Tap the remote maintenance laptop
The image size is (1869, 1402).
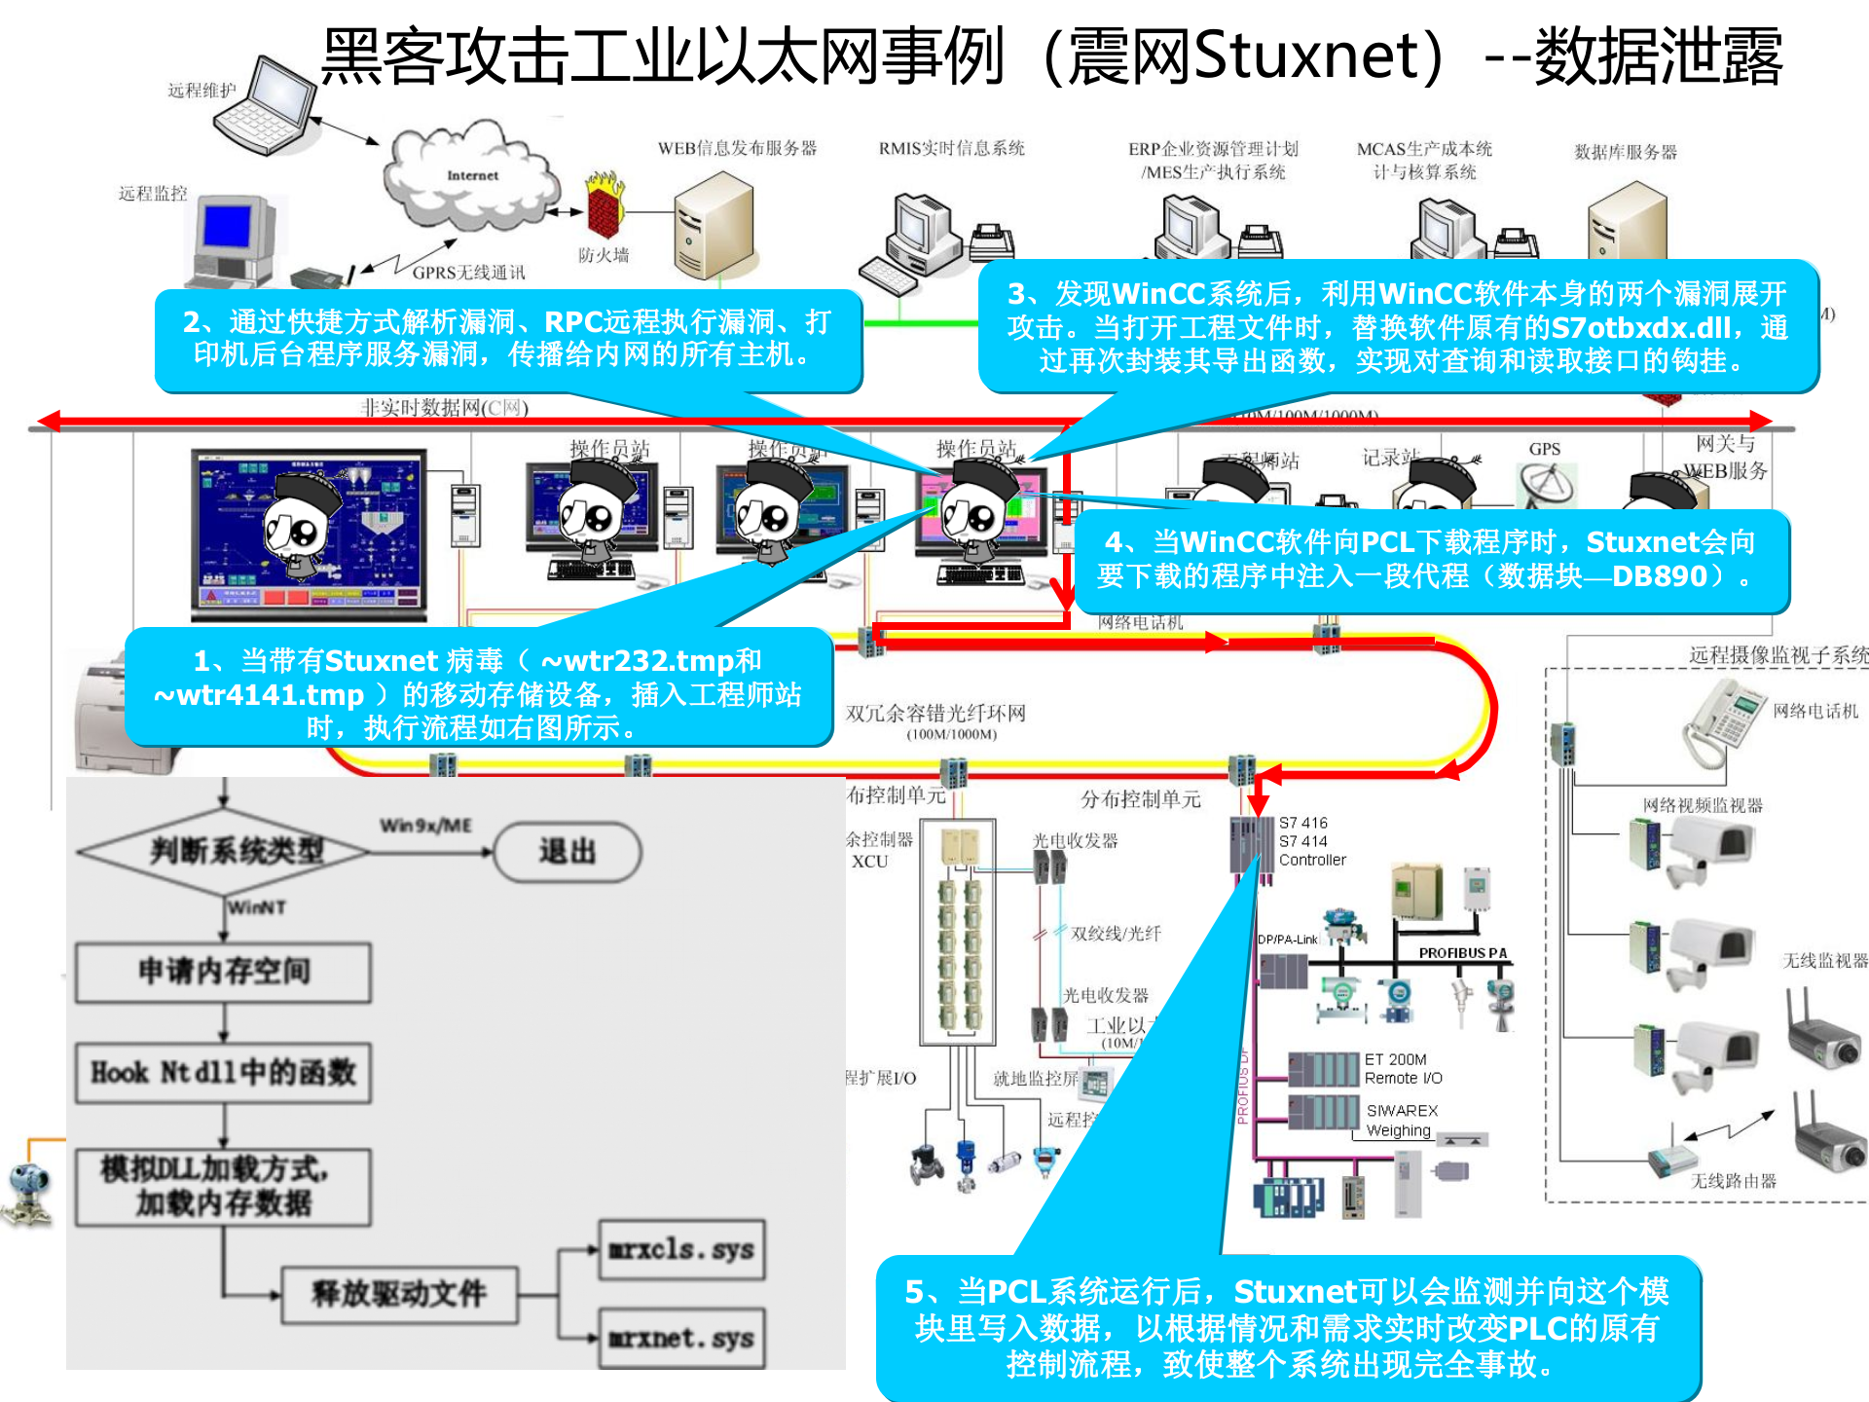(x=265, y=107)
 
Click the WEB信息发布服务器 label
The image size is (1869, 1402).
(x=737, y=148)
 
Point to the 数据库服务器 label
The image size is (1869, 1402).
(x=1626, y=152)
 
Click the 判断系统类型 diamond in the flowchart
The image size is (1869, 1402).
(x=224, y=852)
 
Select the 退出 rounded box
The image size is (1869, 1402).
(x=568, y=852)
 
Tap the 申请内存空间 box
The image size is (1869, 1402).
(x=224, y=972)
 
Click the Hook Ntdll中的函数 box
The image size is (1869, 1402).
(x=224, y=1073)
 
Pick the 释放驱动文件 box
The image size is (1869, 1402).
(x=399, y=1294)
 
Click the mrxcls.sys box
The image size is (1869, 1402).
(x=681, y=1249)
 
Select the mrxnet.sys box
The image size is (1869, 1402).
(x=681, y=1339)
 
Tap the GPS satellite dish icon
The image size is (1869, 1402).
(x=1546, y=484)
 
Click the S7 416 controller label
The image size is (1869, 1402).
(x=1302, y=823)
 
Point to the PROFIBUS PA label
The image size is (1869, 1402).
(x=1462, y=953)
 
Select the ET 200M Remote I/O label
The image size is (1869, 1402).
(x=1403, y=1069)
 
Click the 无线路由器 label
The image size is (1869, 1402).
(x=1733, y=1181)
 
